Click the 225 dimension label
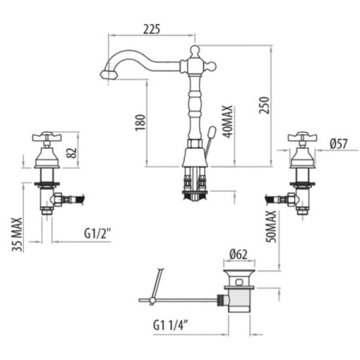tap(152, 29)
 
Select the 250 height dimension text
tap(265, 105)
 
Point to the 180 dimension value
tap(141, 122)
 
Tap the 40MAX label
tap(227, 122)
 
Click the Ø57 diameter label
tap(338, 144)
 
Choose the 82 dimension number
tap(72, 153)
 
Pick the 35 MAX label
tap(17, 234)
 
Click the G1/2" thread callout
tap(98, 234)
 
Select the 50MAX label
tap(271, 226)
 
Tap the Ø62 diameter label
tap(238, 254)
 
